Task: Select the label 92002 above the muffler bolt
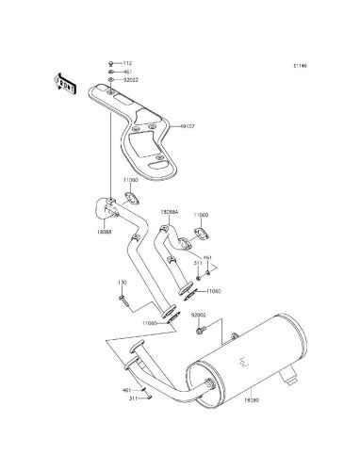199,315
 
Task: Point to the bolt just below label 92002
201,330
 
